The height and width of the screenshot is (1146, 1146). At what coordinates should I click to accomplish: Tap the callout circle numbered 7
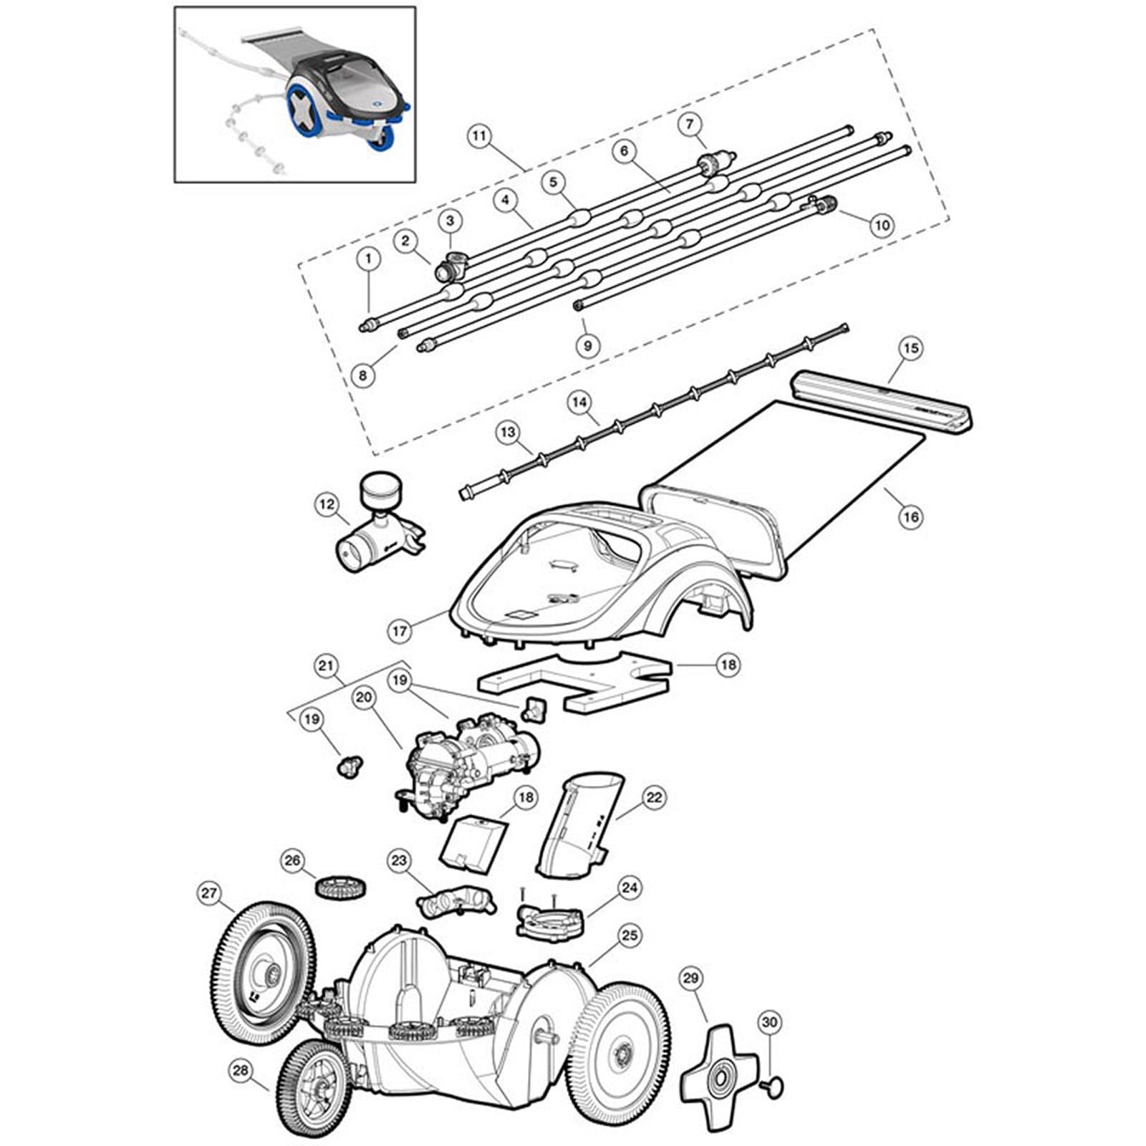pos(689,125)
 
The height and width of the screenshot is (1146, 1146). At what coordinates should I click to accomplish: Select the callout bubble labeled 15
pos(910,349)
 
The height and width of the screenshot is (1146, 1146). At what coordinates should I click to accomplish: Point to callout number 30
pos(769,1024)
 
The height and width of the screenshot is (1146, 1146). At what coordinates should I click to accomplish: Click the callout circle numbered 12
pos(327,505)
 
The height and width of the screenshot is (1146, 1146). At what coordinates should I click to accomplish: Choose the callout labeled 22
pos(655,797)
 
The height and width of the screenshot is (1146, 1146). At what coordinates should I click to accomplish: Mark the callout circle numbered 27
pos(208,893)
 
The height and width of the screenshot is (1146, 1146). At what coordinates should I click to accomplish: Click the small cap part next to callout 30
pos(775,1086)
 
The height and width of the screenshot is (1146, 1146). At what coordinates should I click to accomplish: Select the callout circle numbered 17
pos(400,631)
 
